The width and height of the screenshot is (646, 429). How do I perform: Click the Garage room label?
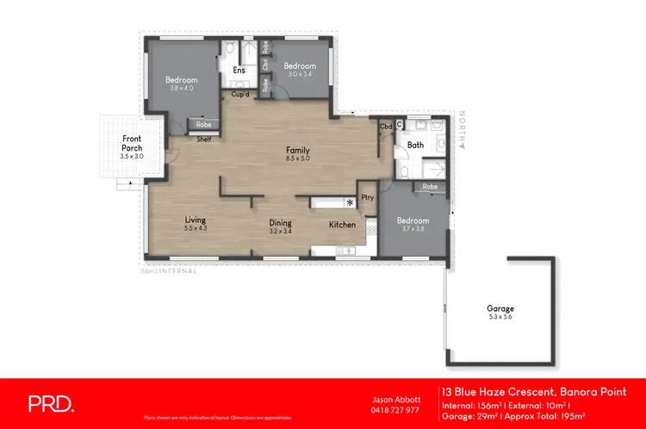(x=500, y=308)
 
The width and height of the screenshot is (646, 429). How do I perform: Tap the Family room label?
(x=298, y=151)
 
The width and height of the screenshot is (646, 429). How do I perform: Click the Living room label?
(x=196, y=221)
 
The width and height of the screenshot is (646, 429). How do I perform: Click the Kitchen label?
(x=342, y=225)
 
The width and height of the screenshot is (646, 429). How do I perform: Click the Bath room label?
(x=415, y=146)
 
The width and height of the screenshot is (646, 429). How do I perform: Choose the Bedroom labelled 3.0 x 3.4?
(x=300, y=65)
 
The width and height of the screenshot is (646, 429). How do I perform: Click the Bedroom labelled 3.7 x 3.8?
(x=415, y=221)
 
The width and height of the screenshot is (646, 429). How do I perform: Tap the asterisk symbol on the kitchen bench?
(x=349, y=203)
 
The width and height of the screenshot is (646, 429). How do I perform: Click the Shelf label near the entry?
(x=204, y=139)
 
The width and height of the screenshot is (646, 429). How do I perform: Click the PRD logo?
(x=51, y=402)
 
